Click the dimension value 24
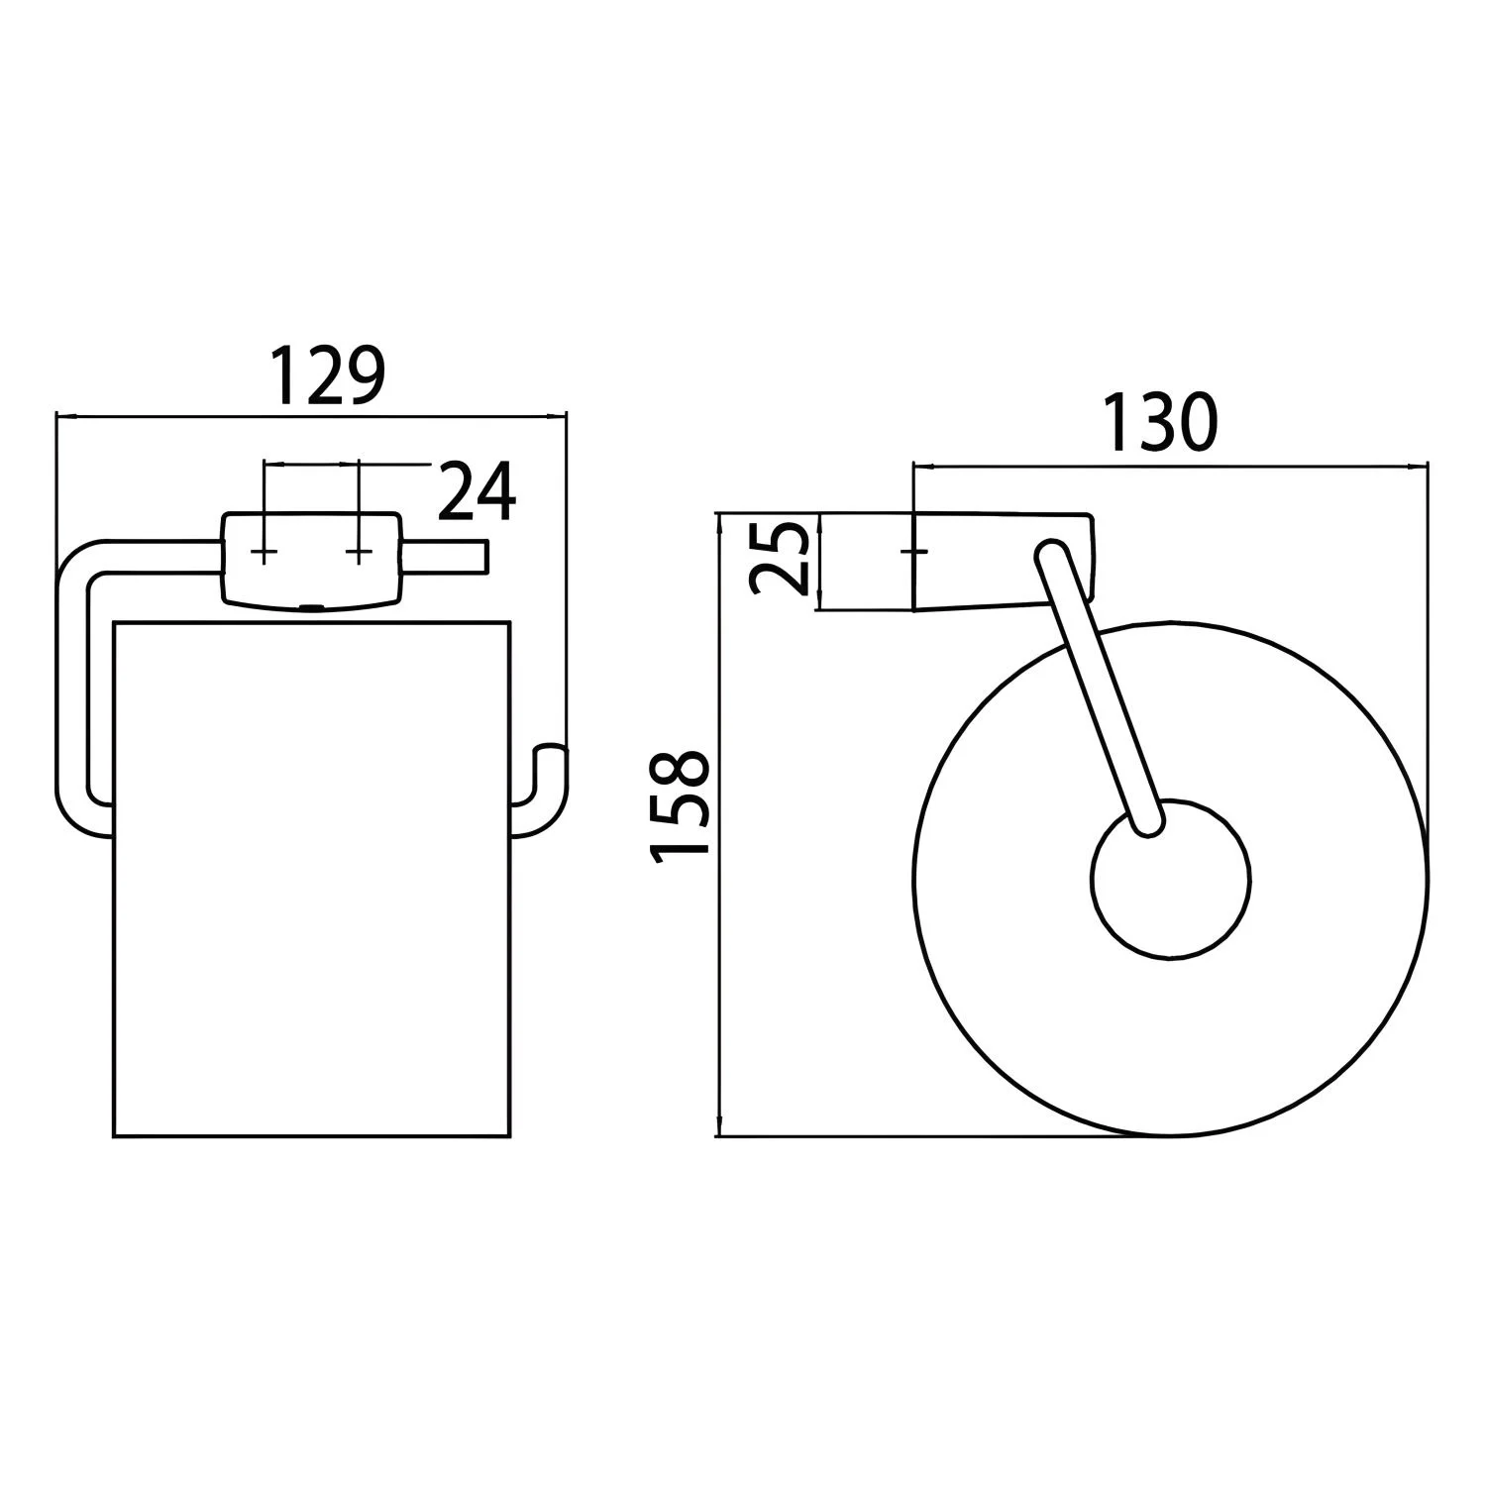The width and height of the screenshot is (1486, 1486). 477,490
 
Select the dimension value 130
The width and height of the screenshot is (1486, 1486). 1159,424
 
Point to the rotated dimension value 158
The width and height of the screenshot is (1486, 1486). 680,808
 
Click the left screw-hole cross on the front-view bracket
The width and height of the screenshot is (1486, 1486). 264,551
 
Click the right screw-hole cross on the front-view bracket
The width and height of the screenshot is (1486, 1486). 359,551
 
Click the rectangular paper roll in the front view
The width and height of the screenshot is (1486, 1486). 313,880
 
